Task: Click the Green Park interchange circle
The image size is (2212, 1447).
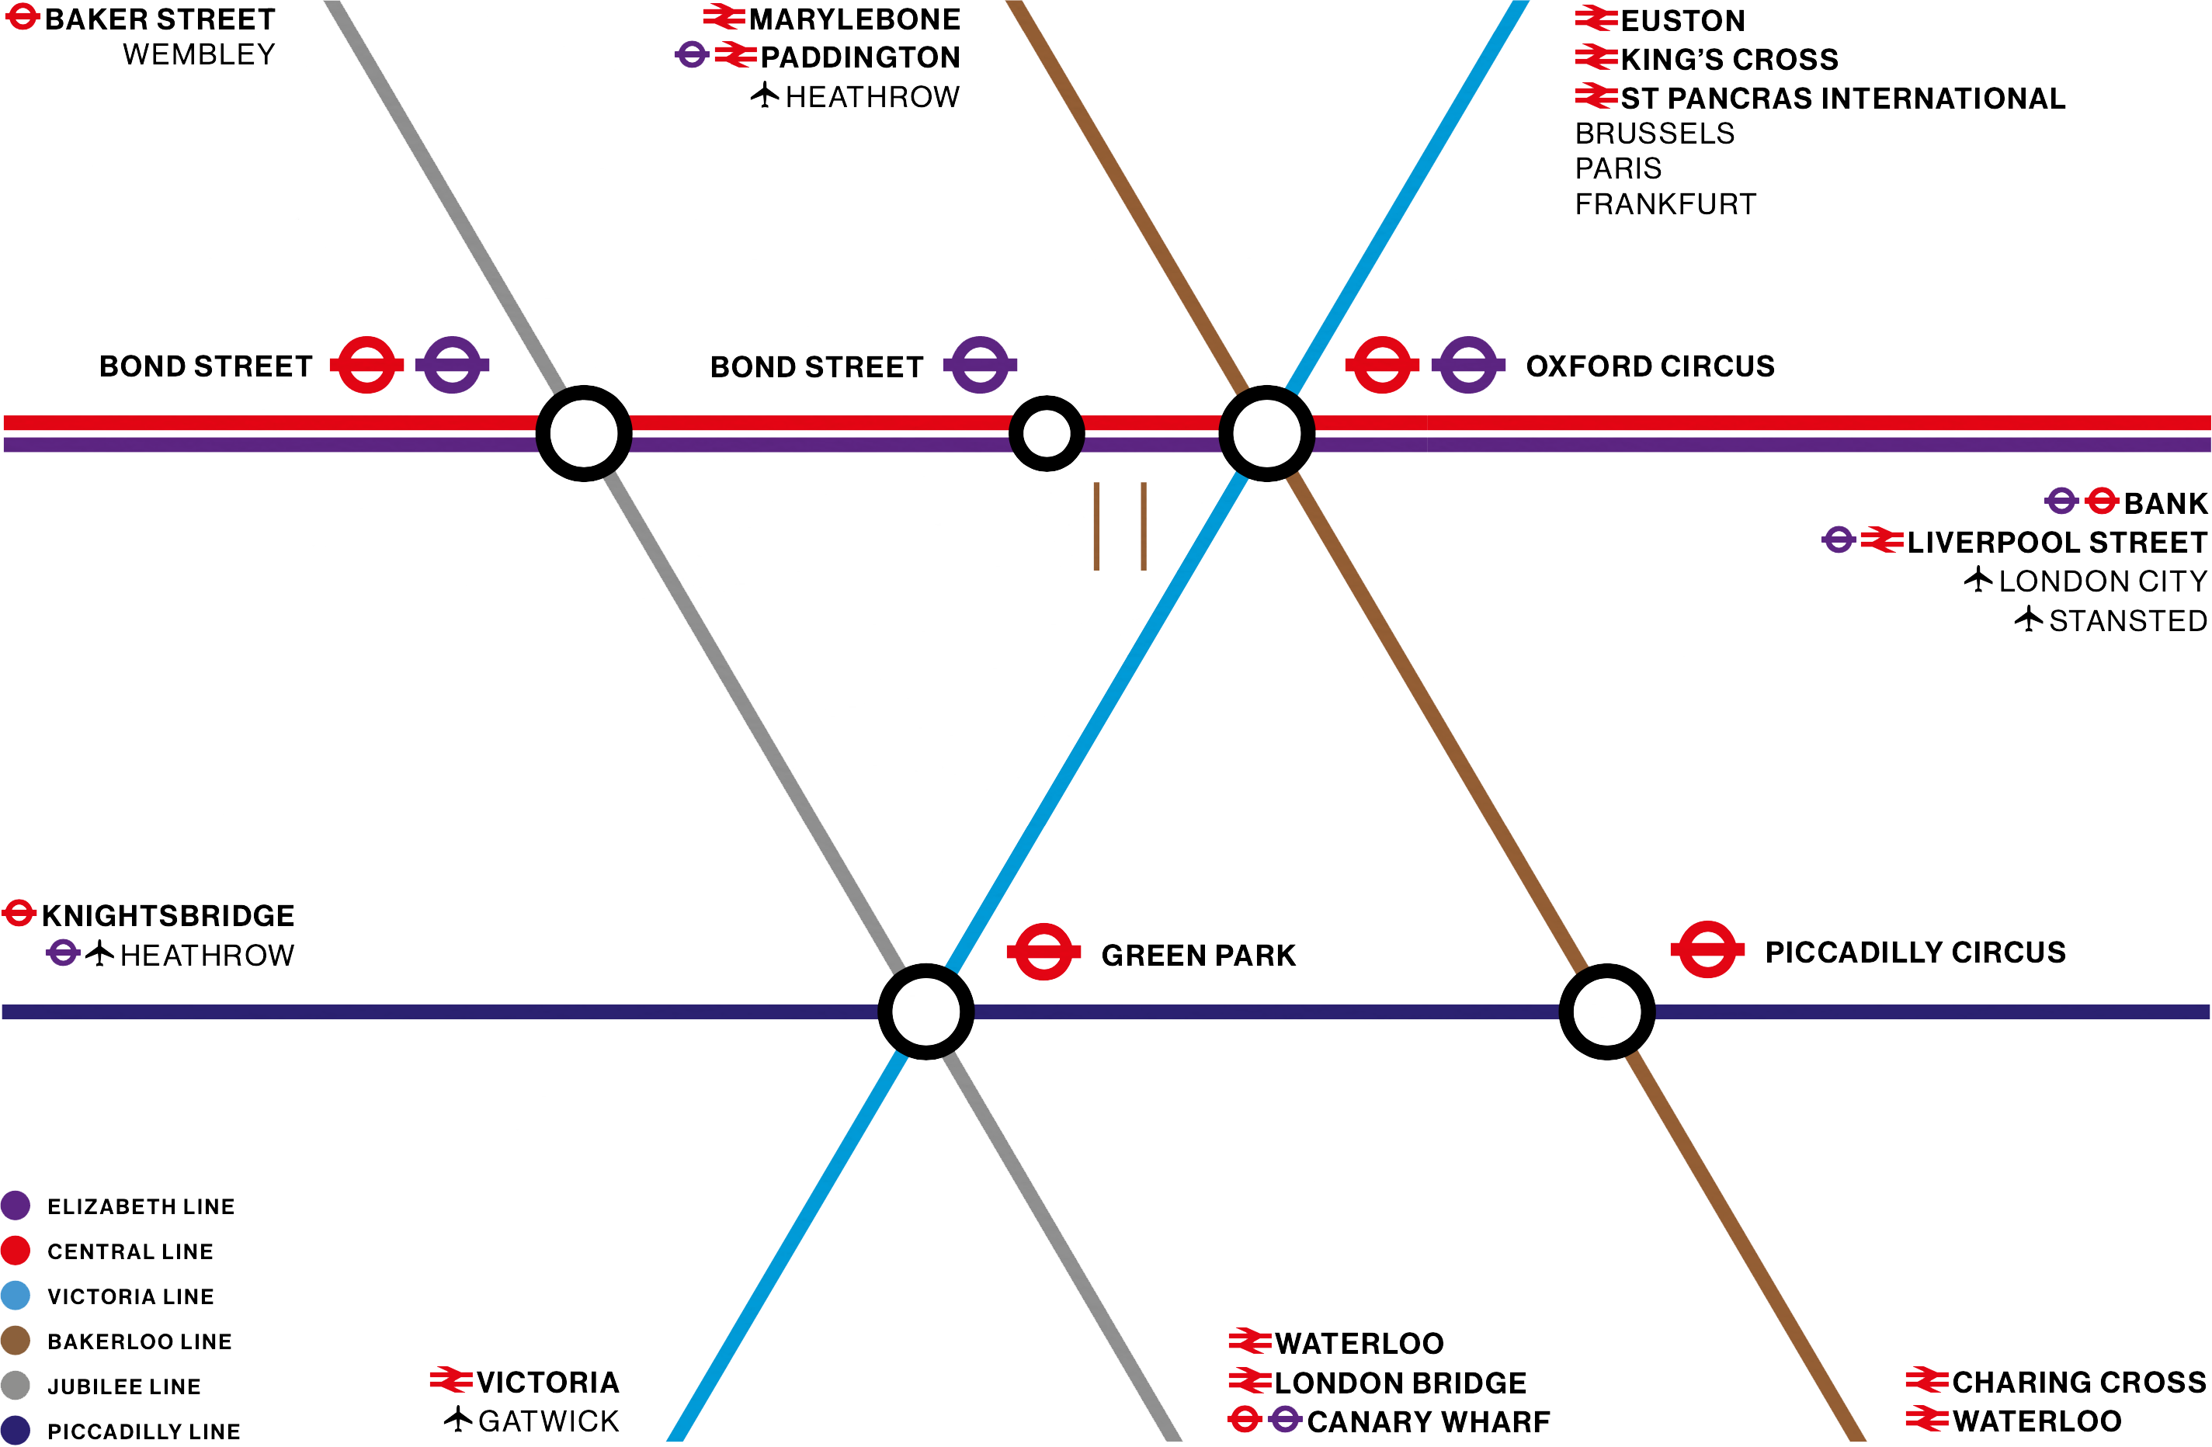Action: click(x=925, y=1012)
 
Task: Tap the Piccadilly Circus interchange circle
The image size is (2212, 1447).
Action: click(x=1607, y=1012)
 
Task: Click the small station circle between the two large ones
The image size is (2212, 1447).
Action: click(x=1047, y=433)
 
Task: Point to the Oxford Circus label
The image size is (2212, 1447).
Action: click(x=1650, y=366)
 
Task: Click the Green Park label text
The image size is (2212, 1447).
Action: click(x=1198, y=956)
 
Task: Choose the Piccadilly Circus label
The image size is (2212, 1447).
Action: click(x=1915, y=953)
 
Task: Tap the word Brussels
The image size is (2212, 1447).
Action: click(x=1655, y=134)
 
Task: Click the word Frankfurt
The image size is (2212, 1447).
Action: click(x=1665, y=204)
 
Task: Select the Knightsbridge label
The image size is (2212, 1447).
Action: click(x=168, y=915)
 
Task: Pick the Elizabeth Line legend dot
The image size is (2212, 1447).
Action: click(x=16, y=1206)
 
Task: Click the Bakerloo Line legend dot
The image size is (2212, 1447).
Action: click(x=16, y=1340)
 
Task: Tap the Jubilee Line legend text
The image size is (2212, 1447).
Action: click(x=124, y=1386)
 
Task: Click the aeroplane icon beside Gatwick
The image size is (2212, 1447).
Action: click(x=458, y=1419)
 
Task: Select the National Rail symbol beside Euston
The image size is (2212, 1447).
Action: click(x=1596, y=19)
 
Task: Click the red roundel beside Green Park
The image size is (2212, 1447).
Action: click(x=1043, y=952)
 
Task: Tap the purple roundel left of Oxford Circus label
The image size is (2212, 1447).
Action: click(x=1468, y=364)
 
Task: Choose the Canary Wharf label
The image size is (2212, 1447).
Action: click(x=1429, y=1422)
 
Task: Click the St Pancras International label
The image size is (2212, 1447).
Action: click(x=1842, y=99)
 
